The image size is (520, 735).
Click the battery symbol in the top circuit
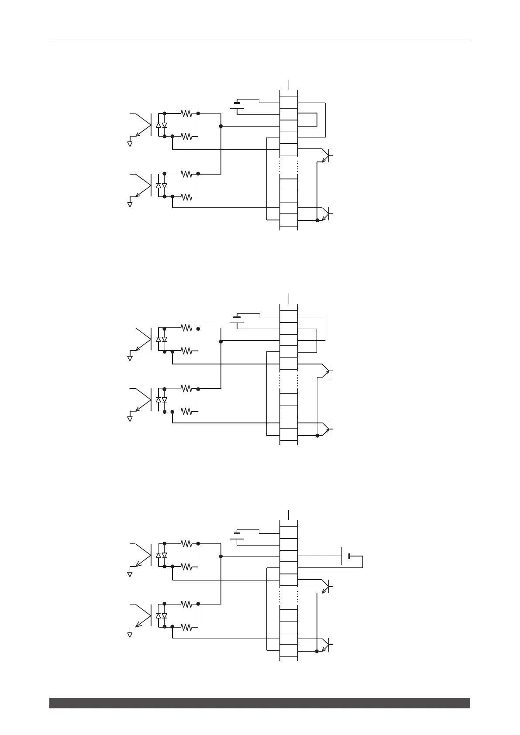[x=237, y=105]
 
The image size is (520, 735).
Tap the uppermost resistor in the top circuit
[x=186, y=113]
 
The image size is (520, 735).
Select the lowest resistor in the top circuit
[x=186, y=197]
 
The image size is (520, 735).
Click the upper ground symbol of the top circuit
[x=130, y=143]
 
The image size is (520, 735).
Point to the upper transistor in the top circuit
[x=326, y=155]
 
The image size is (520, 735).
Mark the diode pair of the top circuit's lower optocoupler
[x=161, y=185]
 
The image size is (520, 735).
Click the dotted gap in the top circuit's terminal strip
[x=289, y=167]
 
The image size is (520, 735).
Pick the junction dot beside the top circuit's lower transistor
[x=317, y=220]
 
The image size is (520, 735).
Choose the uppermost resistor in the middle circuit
[x=186, y=328]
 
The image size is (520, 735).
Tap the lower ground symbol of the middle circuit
[x=130, y=419]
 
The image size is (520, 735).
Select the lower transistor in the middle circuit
[x=327, y=429]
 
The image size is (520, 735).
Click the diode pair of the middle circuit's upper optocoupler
[x=161, y=340]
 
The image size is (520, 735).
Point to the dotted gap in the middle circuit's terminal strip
[x=289, y=381]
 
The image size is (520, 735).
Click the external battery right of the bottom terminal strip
[x=345, y=556]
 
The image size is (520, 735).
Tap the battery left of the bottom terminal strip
[x=237, y=536]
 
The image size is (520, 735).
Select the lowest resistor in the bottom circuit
[x=186, y=627]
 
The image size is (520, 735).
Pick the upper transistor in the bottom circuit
[x=326, y=586]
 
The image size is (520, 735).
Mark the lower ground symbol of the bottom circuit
[x=130, y=635]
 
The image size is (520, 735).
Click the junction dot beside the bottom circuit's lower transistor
[x=317, y=651]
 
